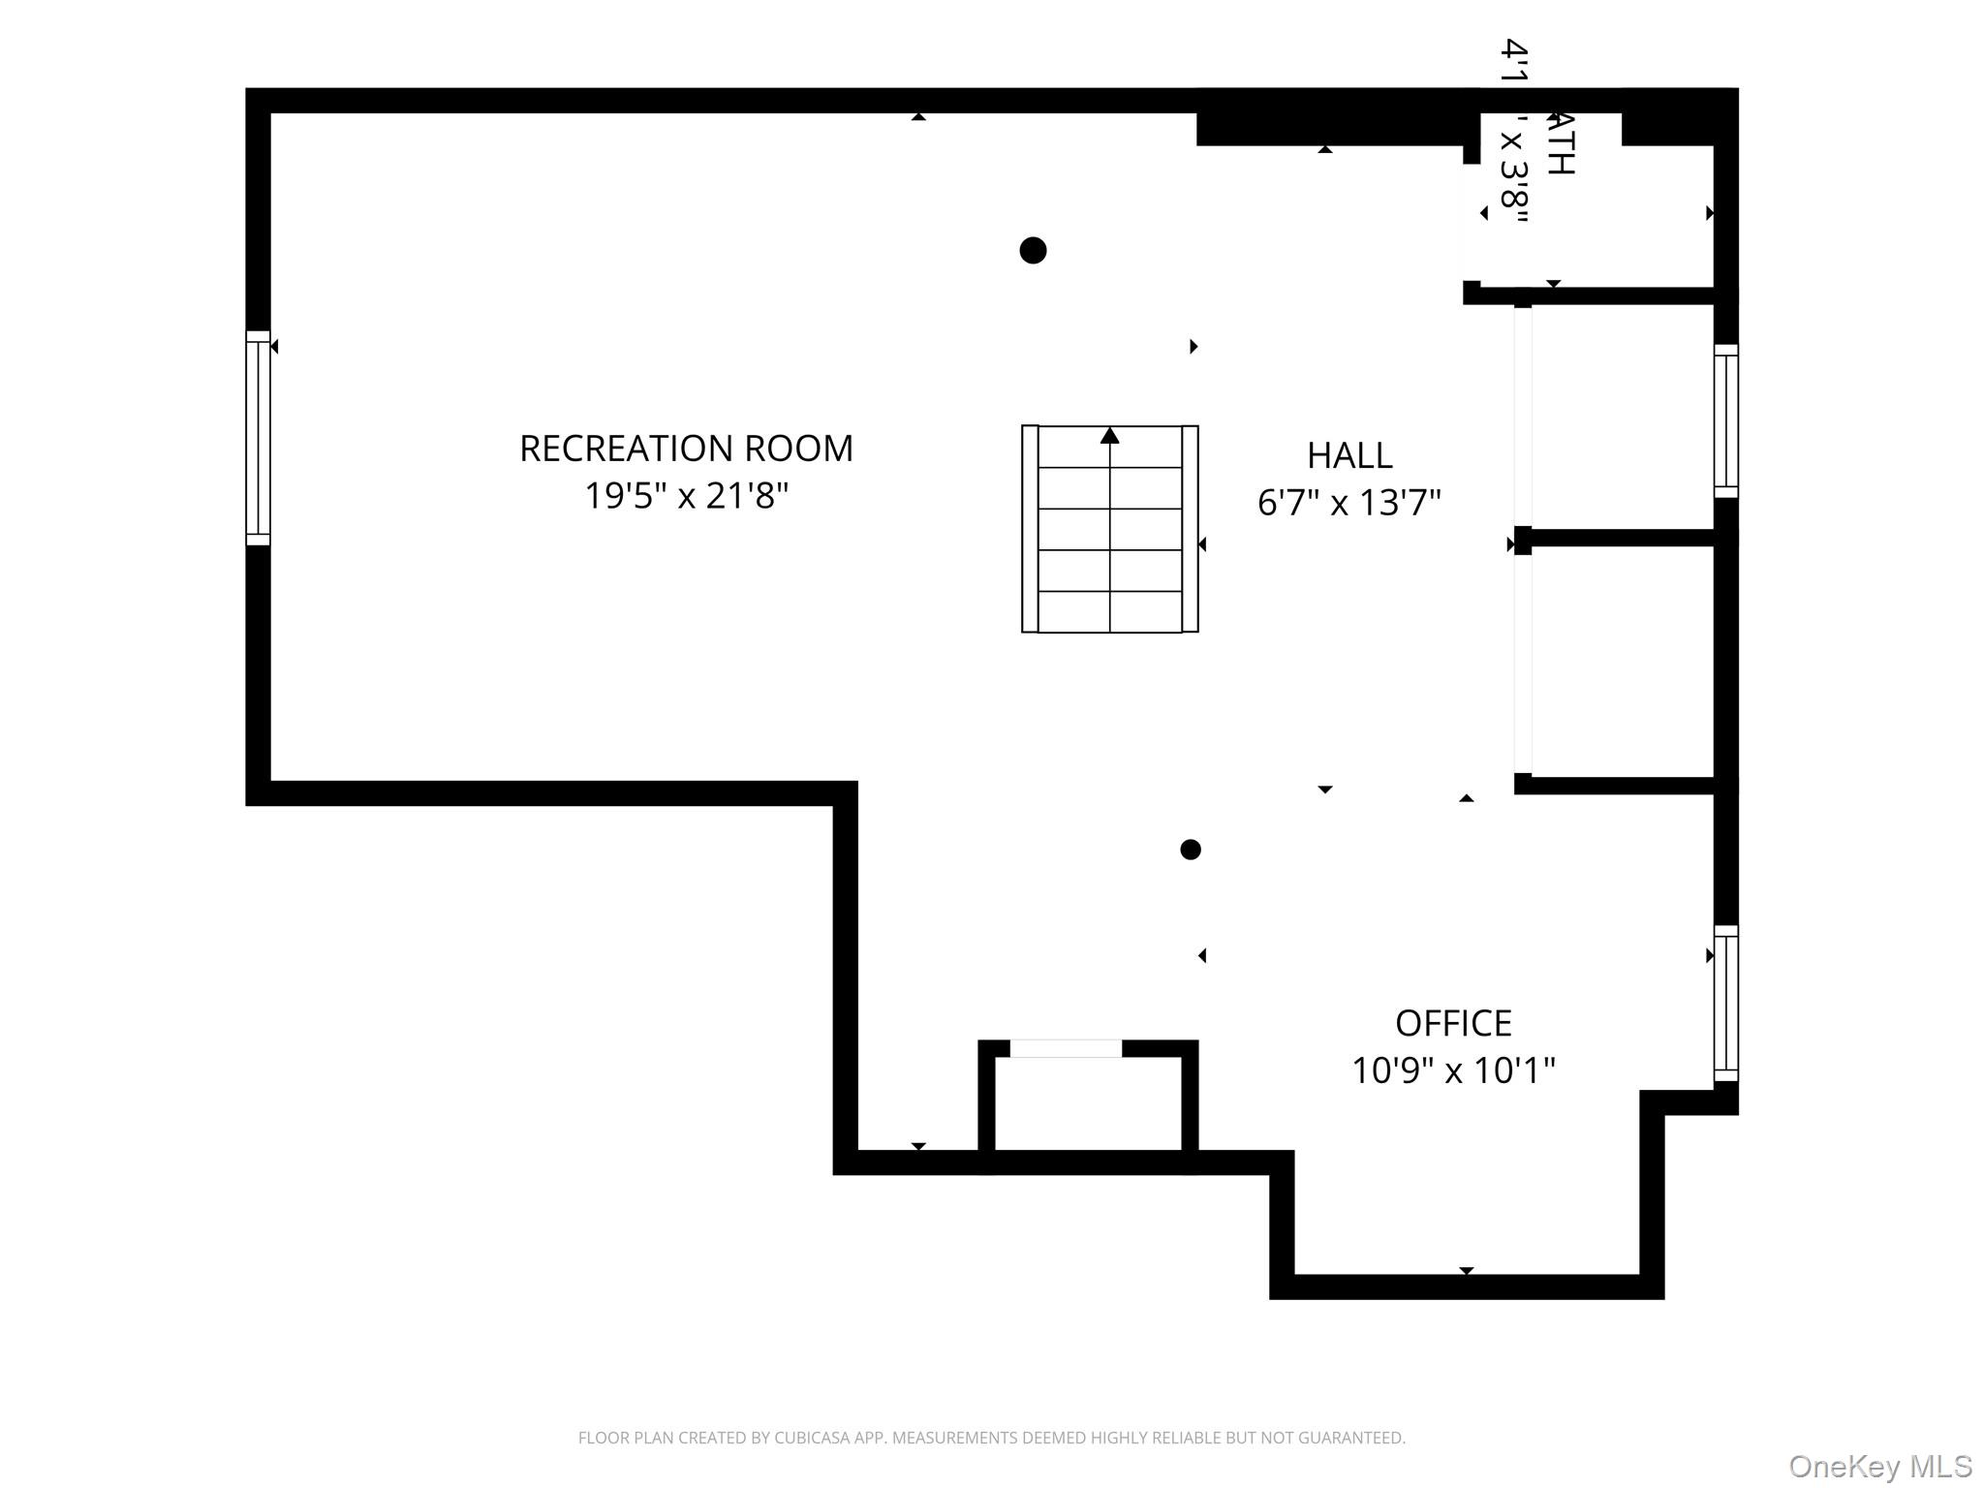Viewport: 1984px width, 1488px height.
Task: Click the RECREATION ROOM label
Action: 686,449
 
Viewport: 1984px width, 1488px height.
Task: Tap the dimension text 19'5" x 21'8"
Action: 686,496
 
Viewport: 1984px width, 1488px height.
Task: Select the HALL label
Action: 1349,455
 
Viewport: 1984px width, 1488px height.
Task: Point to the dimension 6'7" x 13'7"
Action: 1349,503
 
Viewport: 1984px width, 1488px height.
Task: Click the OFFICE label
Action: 1453,1023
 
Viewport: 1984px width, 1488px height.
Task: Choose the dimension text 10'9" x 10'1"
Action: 1453,1070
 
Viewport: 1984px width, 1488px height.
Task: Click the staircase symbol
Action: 1110,529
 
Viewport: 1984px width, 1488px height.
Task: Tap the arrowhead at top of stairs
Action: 1110,436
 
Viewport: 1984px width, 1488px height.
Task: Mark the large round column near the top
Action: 1033,250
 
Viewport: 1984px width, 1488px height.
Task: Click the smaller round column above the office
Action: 1191,850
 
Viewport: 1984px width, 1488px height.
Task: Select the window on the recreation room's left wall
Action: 258,438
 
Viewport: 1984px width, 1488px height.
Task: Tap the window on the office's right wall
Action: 1725,1003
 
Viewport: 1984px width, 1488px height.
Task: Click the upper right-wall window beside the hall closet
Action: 1725,421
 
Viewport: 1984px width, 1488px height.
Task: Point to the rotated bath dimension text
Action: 1513,131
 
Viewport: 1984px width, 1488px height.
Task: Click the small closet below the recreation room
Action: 1088,1103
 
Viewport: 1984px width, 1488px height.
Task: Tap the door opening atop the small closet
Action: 1066,1048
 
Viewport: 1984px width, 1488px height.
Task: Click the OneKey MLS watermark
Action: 1879,1466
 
